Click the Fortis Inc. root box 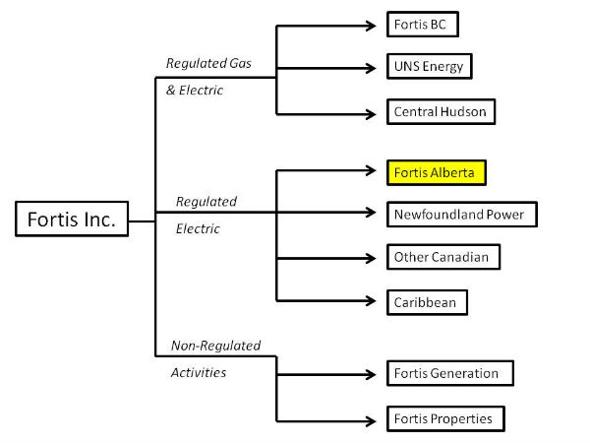pos(72,220)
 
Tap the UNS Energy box pos(430,68)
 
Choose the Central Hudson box pos(439,112)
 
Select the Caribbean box pos(426,301)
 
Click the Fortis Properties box pos(443,418)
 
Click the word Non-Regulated pos(215,346)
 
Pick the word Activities pos(199,373)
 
